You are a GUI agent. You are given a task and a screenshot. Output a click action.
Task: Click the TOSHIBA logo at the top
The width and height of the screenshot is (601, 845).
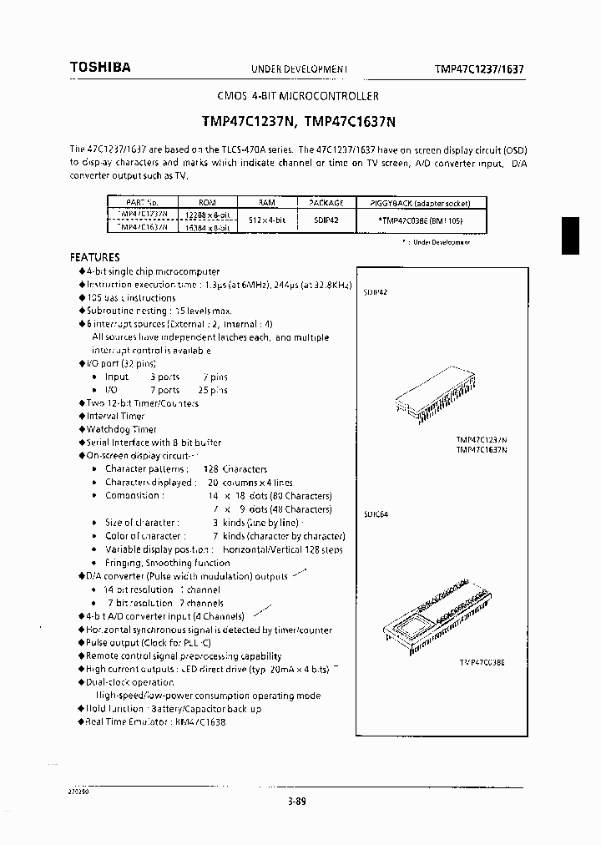pos(99,68)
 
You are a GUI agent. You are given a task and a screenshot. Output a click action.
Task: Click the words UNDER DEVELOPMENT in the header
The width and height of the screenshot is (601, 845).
pos(299,69)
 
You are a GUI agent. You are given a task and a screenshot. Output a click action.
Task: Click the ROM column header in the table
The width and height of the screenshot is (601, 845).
pos(206,203)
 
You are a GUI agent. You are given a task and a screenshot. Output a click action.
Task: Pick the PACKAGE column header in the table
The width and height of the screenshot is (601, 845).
pos(326,203)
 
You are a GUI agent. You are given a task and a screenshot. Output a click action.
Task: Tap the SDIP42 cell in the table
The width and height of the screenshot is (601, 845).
pos(326,220)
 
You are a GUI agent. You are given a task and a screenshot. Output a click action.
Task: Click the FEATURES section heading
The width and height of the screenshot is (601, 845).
pos(94,257)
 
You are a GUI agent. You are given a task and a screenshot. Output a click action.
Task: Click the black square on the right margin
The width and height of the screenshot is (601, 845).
pos(570,235)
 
